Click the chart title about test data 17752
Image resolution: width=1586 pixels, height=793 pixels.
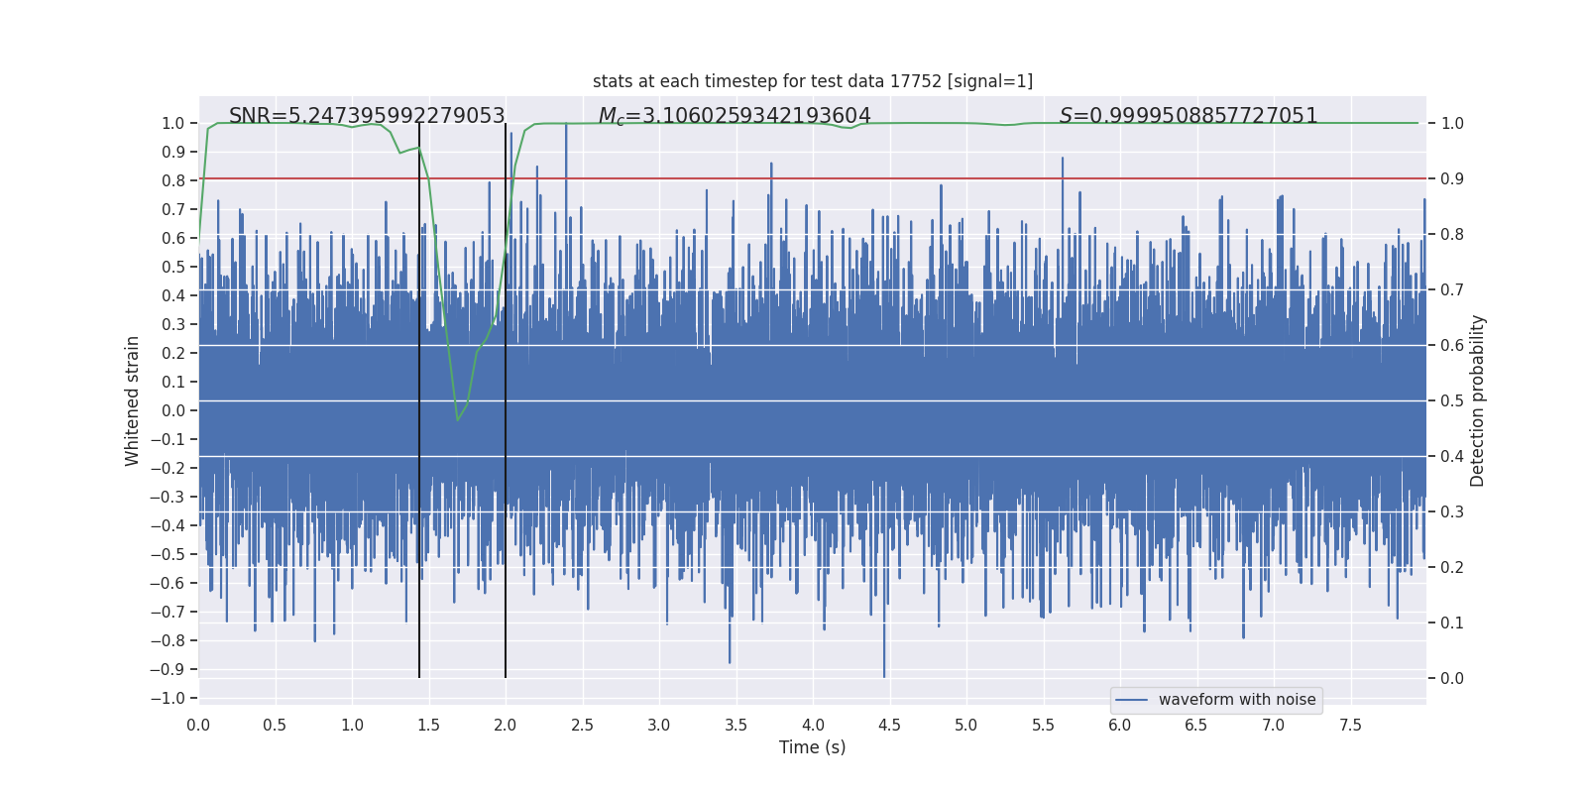[812, 81]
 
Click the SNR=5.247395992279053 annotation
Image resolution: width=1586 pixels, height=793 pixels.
[367, 116]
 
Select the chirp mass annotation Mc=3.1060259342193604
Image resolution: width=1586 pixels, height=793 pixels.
[735, 116]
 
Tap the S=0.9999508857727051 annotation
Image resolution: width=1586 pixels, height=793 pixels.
[1189, 116]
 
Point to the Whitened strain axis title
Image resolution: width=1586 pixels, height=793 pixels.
[133, 400]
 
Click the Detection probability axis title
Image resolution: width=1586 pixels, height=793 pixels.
[1477, 400]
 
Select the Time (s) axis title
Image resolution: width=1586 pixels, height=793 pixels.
[812, 747]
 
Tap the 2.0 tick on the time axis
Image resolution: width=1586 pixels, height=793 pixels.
[506, 725]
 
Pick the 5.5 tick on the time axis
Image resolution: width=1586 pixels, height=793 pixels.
[1043, 725]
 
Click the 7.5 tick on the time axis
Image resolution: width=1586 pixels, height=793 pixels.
[1350, 725]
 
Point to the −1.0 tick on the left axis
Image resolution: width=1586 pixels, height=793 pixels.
[168, 698]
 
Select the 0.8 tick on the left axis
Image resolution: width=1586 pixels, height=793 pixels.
[173, 180]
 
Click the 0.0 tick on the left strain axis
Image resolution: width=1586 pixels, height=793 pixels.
[173, 410]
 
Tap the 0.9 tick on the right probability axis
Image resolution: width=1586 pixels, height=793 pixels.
[1452, 178]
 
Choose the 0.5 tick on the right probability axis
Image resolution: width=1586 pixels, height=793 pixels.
[1452, 400]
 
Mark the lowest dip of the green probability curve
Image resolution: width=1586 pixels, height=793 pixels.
[457, 420]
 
